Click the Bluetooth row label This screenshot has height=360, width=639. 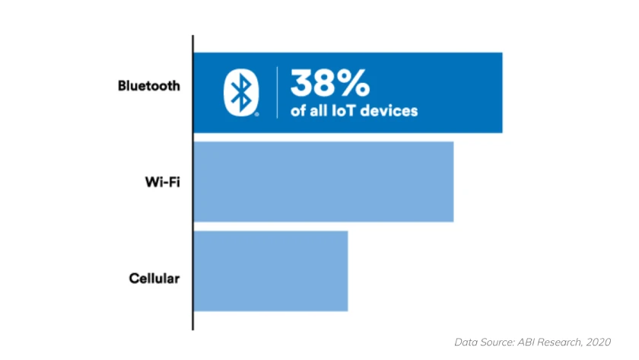point(148,85)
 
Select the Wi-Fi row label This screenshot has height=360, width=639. point(162,183)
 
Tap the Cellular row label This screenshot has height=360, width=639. point(154,278)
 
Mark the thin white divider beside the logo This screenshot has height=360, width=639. point(276,92)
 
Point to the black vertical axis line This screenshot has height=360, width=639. point(192,183)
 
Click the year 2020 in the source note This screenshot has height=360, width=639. point(597,342)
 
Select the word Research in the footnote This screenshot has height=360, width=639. point(558,342)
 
